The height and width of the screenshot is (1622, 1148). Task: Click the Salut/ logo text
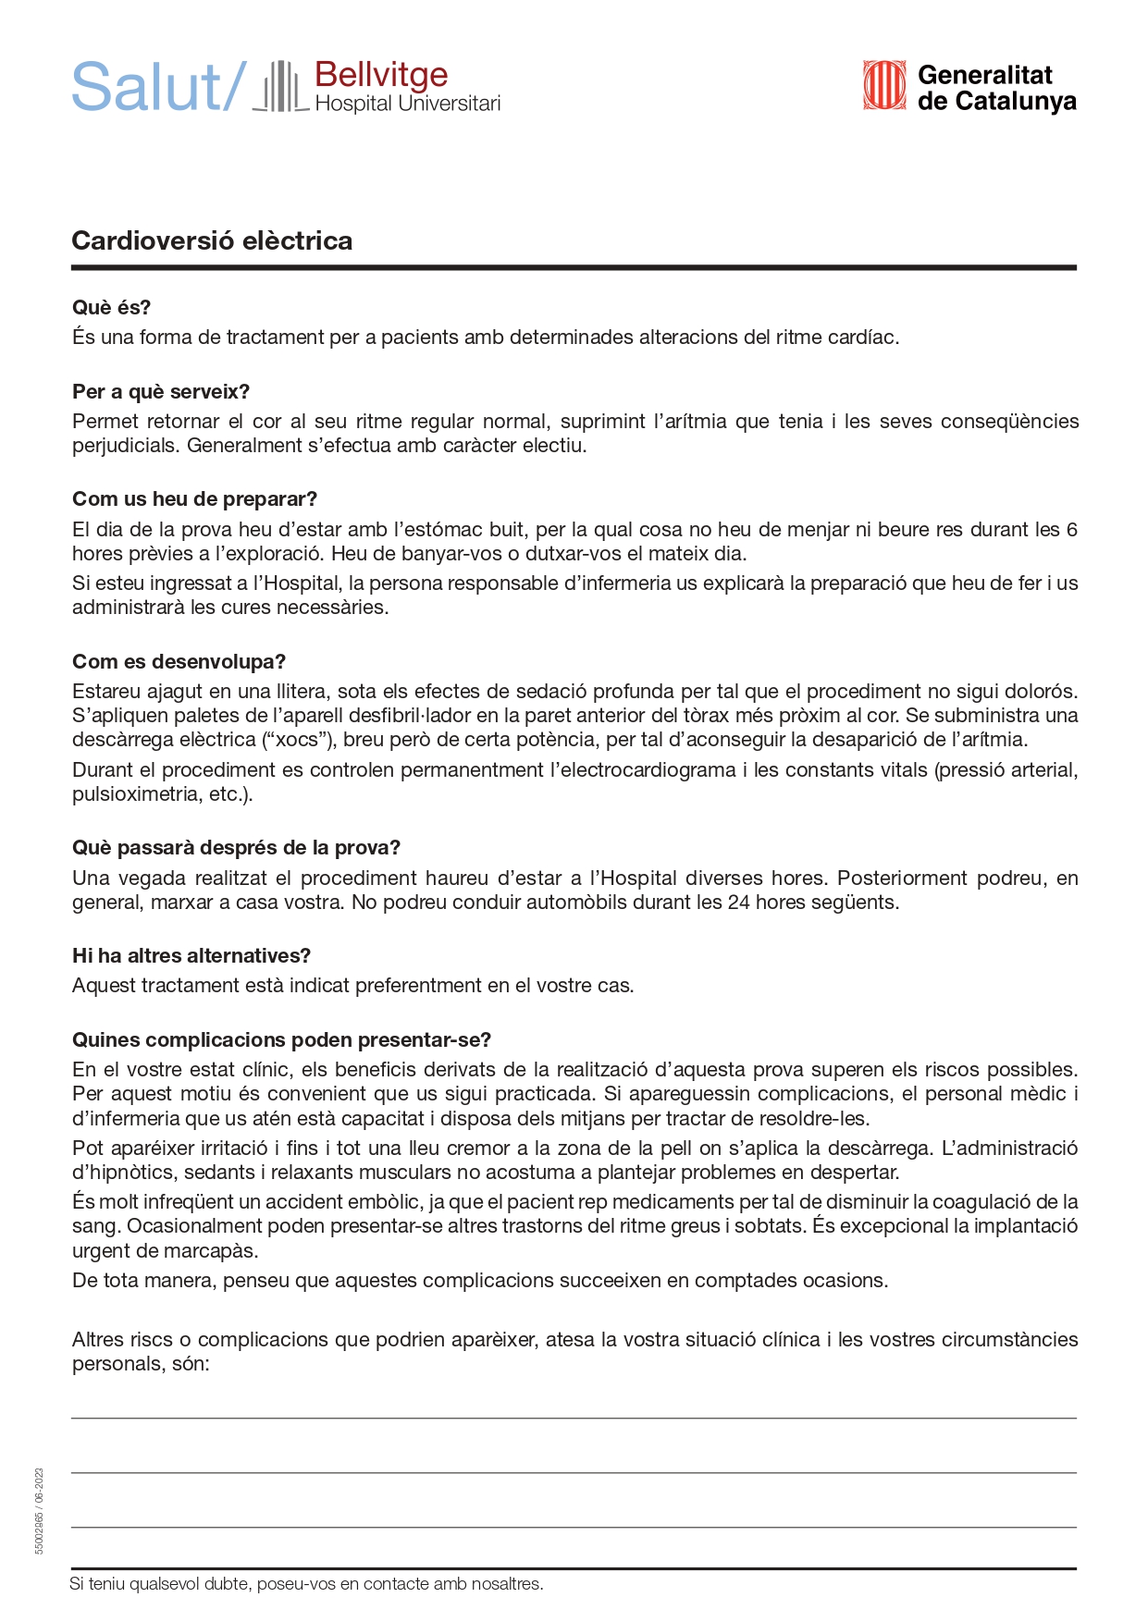click(158, 88)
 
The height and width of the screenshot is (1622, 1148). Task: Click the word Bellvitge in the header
click(381, 75)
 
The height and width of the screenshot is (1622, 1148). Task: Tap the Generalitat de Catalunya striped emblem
click(883, 86)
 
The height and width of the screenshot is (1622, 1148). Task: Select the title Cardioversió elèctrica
click(212, 241)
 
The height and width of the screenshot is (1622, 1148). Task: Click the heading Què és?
click(111, 308)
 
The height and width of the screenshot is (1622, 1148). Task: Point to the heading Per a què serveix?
click(161, 392)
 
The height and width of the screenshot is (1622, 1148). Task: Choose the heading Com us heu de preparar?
click(194, 499)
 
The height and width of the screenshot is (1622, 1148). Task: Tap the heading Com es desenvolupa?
click(179, 662)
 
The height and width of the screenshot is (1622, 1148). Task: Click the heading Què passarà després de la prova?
click(236, 848)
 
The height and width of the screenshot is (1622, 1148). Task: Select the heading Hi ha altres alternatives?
click(191, 956)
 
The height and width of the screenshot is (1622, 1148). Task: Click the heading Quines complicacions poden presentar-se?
click(281, 1040)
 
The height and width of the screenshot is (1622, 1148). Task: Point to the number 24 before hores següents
click(738, 903)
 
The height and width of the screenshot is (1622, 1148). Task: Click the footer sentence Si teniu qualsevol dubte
click(306, 1584)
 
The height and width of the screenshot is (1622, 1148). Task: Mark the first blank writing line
click(574, 1417)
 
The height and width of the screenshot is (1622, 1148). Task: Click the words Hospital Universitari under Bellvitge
click(407, 104)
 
